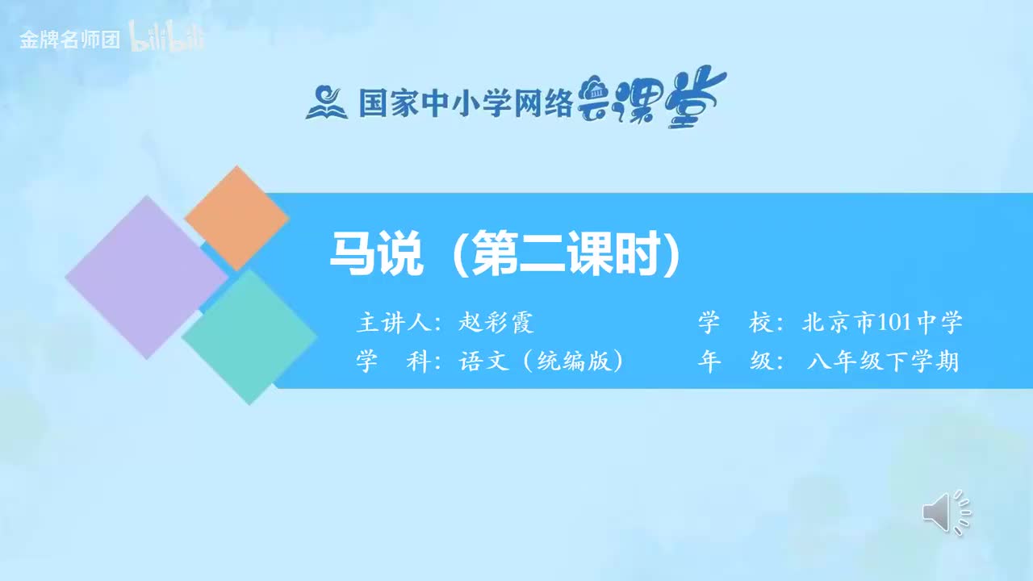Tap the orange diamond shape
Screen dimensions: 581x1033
pyautogui.click(x=236, y=218)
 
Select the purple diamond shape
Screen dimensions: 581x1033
pyautogui.click(x=146, y=277)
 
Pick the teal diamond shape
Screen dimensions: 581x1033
pyautogui.click(x=249, y=336)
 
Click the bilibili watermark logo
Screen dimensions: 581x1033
pyautogui.click(x=167, y=39)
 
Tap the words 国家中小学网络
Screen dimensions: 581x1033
pyautogui.click(x=466, y=103)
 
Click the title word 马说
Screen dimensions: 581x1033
pyautogui.click(x=376, y=255)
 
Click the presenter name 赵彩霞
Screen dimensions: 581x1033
pyautogui.click(x=496, y=324)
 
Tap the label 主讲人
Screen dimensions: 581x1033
pyautogui.click(x=394, y=324)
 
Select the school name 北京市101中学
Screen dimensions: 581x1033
pyautogui.click(x=882, y=324)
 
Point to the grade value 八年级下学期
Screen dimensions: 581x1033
pyautogui.click(x=882, y=361)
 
